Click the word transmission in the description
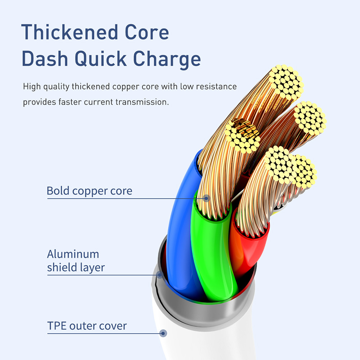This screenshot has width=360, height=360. (x=142, y=102)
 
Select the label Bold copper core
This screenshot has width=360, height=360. (x=89, y=191)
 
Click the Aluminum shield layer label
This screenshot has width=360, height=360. (x=76, y=261)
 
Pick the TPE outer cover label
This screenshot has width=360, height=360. (x=87, y=326)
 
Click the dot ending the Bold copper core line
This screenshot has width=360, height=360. (x=206, y=198)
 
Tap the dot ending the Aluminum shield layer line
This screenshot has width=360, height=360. (x=159, y=275)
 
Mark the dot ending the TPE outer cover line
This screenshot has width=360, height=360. (x=163, y=333)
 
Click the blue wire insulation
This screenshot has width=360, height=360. (x=180, y=230)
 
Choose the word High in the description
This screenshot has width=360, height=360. (x=31, y=87)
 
